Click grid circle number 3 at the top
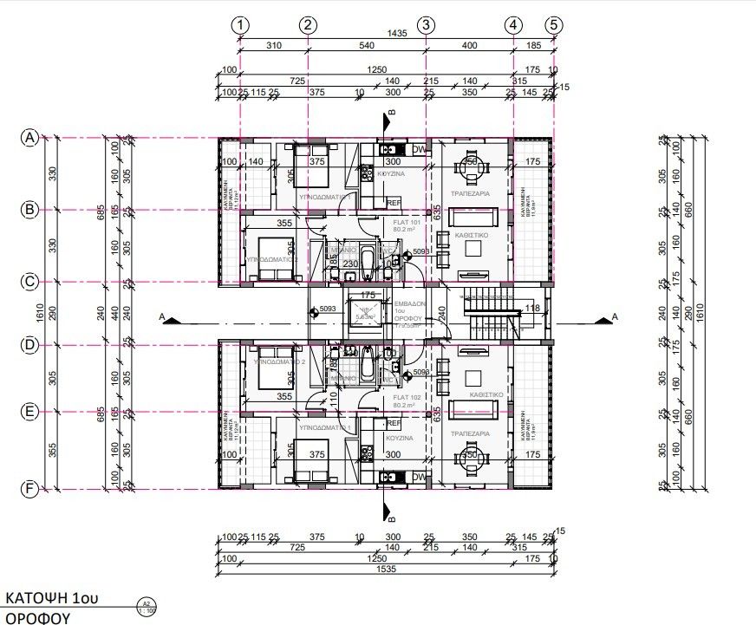click(x=426, y=25)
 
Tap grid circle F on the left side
click(x=31, y=490)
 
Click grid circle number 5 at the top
click(x=554, y=25)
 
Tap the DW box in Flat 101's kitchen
click(x=419, y=149)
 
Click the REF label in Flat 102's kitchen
click(x=393, y=424)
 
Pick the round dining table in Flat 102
click(x=471, y=457)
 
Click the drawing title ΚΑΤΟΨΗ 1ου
click(x=50, y=598)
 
